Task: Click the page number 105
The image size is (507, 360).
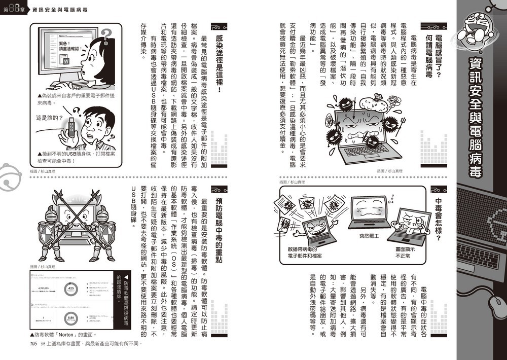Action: click(34, 344)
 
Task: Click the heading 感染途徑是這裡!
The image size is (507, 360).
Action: click(219, 63)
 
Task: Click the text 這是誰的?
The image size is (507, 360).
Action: click(47, 118)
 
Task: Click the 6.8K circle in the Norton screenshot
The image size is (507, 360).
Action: click(71, 319)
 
